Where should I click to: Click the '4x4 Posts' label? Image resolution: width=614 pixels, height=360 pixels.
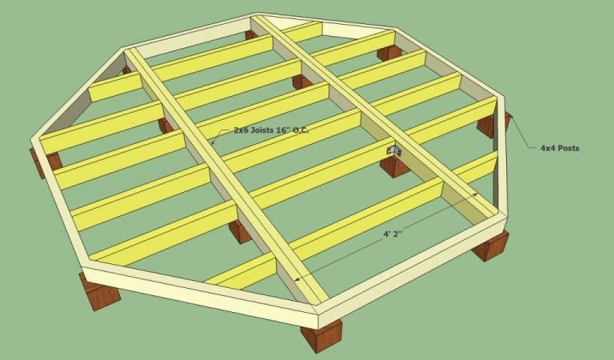click(x=560, y=148)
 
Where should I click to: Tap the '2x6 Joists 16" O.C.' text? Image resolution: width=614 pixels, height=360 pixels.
click(x=271, y=130)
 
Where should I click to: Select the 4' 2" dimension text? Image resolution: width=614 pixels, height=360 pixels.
click(x=393, y=234)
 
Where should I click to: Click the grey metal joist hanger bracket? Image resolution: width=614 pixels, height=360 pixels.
click(x=394, y=150)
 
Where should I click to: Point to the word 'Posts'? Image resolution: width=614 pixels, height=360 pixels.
click(x=568, y=148)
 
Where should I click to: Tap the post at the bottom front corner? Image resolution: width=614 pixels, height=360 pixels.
click(x=321, y=335)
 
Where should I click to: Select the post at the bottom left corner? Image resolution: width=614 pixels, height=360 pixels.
click(x=99, y=291)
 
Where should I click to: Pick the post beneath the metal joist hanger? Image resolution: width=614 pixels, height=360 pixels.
click(x=395, y=166)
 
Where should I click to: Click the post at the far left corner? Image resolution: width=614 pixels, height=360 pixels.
click(x=46, y=162)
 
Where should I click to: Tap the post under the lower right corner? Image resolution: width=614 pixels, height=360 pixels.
click(x=491, y=246)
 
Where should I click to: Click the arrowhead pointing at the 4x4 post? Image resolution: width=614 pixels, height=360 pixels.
click(x=512, y=116)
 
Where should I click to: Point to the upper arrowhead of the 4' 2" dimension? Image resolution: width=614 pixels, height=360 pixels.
click(x=475, y=194)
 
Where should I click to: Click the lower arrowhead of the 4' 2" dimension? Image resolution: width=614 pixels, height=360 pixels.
click(x=298, y=279)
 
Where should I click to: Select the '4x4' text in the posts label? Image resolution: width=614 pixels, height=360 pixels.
click(x=548, y=148)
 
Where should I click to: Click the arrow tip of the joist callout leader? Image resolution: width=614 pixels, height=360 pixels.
click(x=212, y=144)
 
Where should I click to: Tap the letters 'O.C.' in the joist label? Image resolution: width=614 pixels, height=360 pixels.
click(x=301, y=130)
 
